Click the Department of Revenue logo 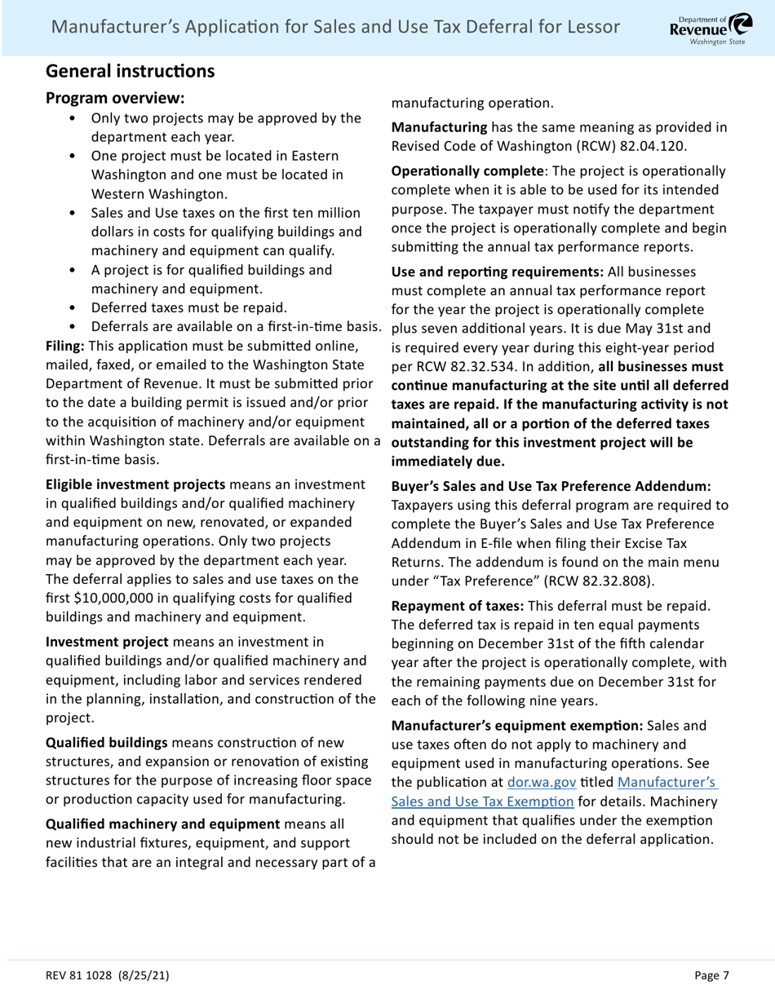click(x=706, y=28)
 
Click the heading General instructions click(x=130, y=71)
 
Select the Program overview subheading click(x=115, y=98)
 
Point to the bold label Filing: click(x=65, y=346)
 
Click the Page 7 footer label click(x=711, y=975)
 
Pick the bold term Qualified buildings click(x=107, y=743)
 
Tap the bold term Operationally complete click(x=467, y=171)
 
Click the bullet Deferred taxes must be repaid click(x=188, y=308)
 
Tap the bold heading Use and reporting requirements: click(x=498, y=272)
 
